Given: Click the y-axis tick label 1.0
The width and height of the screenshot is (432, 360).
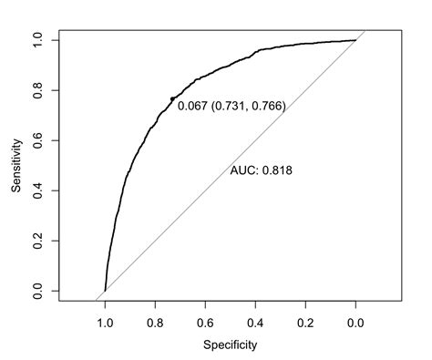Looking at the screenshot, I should tap(36, 40).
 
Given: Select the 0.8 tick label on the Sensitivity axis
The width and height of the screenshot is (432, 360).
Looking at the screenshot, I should tap(36, 90).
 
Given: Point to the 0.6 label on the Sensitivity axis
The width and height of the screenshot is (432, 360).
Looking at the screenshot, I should tap(36, 140).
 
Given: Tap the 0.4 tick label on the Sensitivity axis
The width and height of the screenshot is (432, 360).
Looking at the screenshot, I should tap(36, 190).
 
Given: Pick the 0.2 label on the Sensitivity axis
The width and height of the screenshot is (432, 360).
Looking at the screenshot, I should tap(36, 241).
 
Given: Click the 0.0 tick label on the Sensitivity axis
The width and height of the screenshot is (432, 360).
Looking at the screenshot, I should tap(36, 291).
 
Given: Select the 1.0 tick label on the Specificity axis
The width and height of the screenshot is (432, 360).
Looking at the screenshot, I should tap(105, 322).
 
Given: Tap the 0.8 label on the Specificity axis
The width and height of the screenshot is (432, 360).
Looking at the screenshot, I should tap(155, 322).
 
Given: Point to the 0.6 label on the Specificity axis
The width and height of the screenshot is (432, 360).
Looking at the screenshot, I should tap(205, 322).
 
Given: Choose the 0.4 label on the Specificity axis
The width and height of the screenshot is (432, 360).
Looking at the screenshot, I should tap(255, 322).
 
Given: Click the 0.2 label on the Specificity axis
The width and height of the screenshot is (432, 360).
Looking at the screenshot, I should tap(305, 322).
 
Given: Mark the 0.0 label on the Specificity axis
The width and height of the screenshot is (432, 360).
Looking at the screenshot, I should tap(355, 322).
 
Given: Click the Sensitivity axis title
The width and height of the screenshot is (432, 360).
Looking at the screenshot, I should tap(16, 165).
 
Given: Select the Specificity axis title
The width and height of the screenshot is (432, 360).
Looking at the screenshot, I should tap(230, 345).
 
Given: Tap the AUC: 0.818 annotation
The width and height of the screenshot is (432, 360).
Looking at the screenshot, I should tap(261, 170).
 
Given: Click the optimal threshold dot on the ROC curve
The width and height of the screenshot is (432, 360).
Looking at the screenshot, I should tap(172, 98).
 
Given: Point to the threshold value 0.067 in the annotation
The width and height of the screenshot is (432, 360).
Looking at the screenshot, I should tap(192, 107).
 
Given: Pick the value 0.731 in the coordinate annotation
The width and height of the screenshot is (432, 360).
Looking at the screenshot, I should tap(230, 107).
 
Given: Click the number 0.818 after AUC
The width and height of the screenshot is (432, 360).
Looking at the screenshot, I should tap(276, 170).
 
